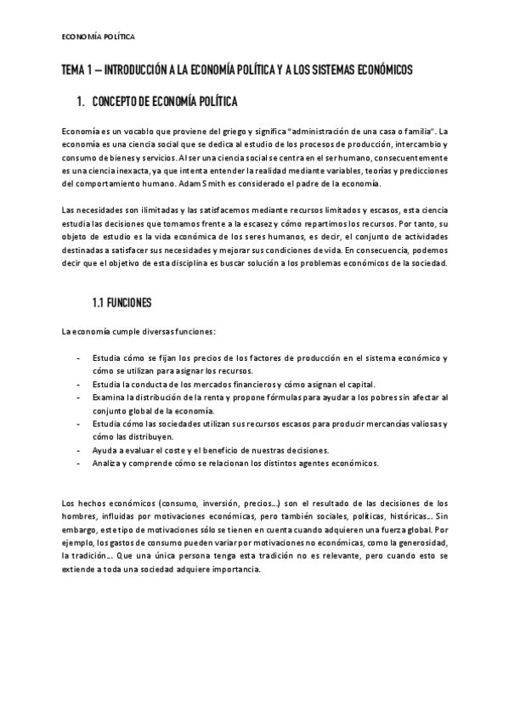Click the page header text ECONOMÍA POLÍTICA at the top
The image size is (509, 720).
(x=99, y=37)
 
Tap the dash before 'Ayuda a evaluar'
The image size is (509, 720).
(x=79, y=449)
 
